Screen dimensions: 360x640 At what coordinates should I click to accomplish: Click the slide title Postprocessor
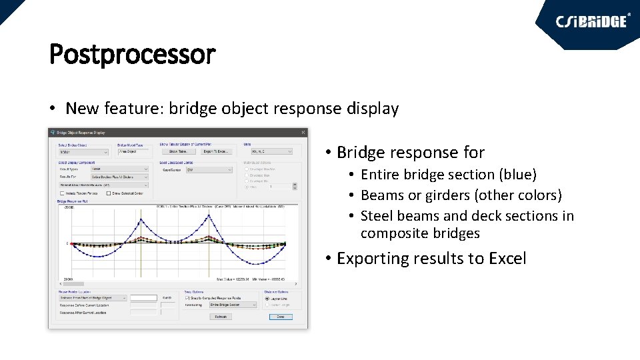point(132,55)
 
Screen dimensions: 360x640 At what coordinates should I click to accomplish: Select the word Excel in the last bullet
point(506,259)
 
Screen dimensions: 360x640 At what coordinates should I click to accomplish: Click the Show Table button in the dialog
point(178,152)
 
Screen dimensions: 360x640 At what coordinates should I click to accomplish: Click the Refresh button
point(221,317)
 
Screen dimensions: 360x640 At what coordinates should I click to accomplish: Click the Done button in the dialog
point(281,317)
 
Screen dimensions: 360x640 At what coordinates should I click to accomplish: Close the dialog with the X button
point(303,133)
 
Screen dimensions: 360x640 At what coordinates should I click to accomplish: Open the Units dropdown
point(267,152)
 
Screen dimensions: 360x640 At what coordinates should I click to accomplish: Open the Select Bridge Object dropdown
point(83,152)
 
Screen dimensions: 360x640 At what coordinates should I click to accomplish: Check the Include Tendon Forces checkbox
point(62,193)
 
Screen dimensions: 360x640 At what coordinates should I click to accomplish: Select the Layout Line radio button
point(267,299)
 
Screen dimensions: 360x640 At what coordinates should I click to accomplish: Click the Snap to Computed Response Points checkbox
point(187,298)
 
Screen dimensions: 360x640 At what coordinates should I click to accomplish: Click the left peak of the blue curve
point(141,221)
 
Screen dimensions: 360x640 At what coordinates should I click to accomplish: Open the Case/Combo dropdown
point(209,169)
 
